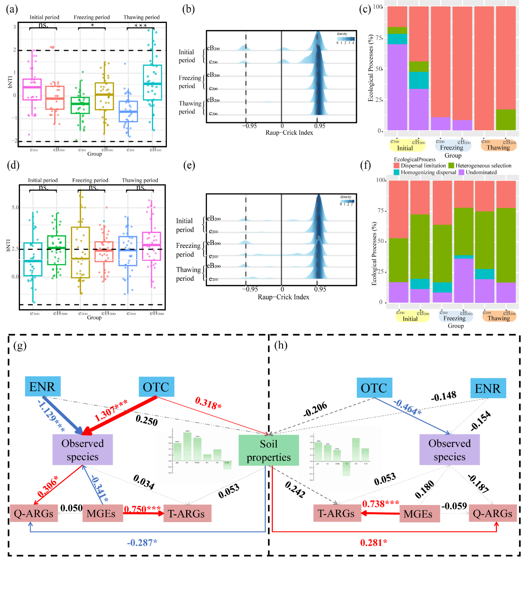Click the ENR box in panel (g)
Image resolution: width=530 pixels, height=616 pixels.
(43, 387)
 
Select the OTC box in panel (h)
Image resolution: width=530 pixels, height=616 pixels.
(374, 388)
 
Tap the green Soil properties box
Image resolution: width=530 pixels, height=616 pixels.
(268, 450)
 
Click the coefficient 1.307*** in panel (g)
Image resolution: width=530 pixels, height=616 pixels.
(111, 410)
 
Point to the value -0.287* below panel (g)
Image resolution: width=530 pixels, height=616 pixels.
(142, 543)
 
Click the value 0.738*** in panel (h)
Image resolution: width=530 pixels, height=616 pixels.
(381, 504)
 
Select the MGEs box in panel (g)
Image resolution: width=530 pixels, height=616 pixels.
(101, 513)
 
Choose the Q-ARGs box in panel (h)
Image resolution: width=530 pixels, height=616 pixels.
(492, 513)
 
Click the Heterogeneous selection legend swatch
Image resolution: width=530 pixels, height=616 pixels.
(451, 166)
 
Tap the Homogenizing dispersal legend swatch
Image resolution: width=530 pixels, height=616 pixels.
(396, 172)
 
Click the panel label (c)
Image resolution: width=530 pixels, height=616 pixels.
(365, 9)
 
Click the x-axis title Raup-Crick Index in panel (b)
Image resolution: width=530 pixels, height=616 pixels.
(289, 133)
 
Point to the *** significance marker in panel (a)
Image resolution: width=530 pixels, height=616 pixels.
(141, 26)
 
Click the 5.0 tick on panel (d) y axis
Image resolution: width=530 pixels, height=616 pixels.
(15, 207)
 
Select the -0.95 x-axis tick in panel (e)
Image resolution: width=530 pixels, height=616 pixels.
(250, 289)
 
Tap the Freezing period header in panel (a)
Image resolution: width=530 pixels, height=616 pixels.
(92, 18)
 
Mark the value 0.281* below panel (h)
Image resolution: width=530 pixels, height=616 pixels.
(374, 543)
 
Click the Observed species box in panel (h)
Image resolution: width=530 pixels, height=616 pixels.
(449, 450)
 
